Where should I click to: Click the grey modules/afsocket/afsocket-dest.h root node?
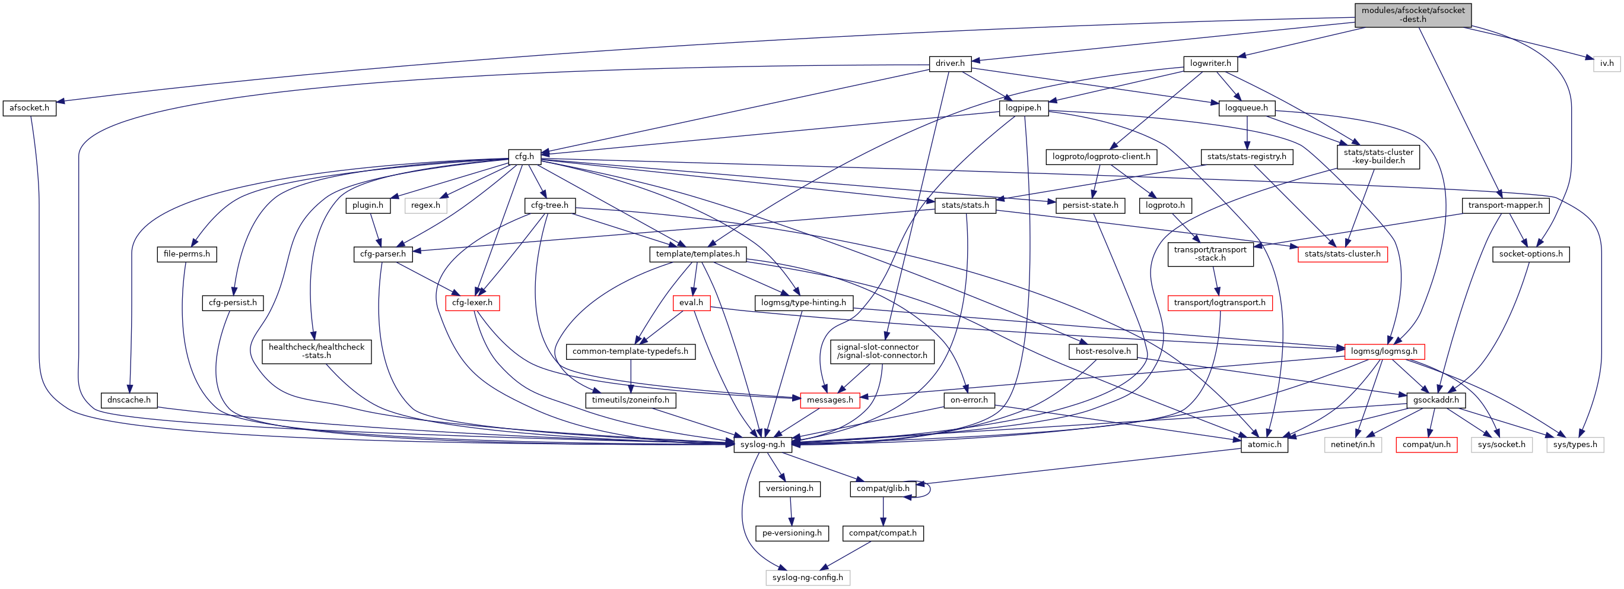[x=1412, y=15]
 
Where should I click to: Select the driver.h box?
[x=949, y=64]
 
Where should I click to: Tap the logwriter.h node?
[x=1210, y=64]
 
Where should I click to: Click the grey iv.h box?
[x=1606, y=64]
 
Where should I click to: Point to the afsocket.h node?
[x=29, y=108]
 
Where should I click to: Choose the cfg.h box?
[x=524, y=156]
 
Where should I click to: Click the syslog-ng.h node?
[x=762, y=445]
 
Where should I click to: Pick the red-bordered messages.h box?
[x=829, y=400]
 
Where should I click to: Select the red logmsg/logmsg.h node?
[x=1384, y=351]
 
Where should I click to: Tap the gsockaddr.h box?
[x=1435, y=400]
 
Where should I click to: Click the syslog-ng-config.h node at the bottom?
[x=807, y=578]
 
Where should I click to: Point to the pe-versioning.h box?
[x=792, y=533]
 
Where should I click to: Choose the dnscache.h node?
[x=129, y=400]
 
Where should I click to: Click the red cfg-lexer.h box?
[x=472, y=303]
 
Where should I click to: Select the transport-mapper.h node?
[x=1505, y=205]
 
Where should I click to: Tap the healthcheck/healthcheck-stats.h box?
[x=316, y=351]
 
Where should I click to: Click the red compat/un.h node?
[x=1426, y=445]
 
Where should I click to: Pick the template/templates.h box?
[x=697, y=254]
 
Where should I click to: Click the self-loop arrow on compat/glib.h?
[x=929, y=489]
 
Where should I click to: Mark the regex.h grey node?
[x=425, y=205]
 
